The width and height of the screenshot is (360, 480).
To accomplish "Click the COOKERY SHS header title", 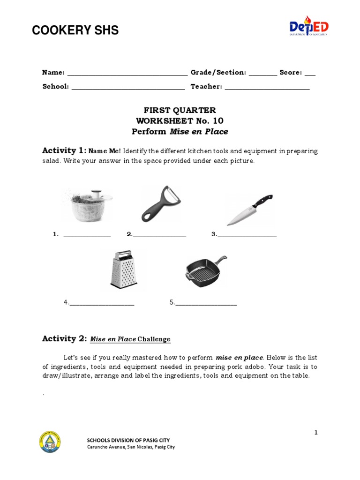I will tap(75, 31).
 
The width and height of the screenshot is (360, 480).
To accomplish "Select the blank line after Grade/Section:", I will tap(262, 74).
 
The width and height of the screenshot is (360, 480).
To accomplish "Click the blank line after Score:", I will tap(310, 74).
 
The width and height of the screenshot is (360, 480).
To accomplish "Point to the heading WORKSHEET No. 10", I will tap(180, 121).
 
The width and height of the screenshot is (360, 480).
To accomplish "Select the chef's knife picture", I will tap(249, 209).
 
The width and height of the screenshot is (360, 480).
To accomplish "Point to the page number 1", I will tap(316, 433).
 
